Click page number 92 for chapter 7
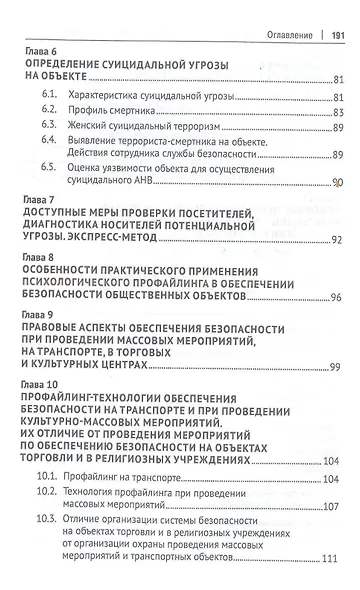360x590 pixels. tap(335, 240)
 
